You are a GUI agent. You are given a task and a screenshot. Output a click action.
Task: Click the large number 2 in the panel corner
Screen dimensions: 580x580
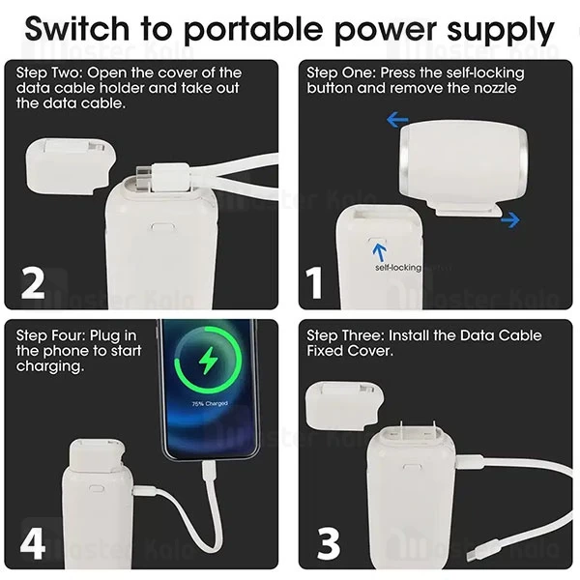pyautogui.click(x=33, y=282)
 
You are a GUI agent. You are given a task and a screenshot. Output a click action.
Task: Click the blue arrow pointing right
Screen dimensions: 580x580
pyautogui.click(x=508, y=220)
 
